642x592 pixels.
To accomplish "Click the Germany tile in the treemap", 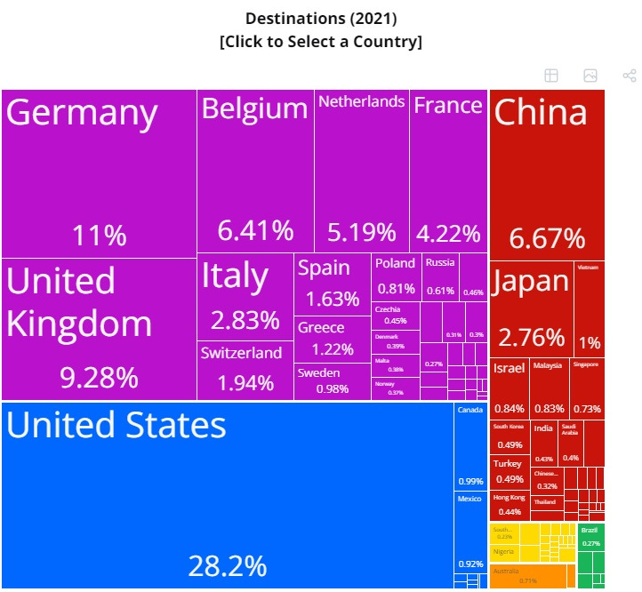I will click(98, 173).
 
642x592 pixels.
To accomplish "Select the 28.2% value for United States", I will click(227, 565).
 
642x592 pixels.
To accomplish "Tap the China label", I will click(541, 113).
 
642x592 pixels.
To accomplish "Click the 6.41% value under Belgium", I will click(255, 231).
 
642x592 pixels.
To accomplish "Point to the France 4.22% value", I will click(449, 234).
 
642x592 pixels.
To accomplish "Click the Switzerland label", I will click(241, 353).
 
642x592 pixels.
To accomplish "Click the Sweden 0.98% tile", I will click(332, 381).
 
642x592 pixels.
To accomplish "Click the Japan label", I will click(531, 281).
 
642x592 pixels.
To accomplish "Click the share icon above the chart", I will click(629, 76).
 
